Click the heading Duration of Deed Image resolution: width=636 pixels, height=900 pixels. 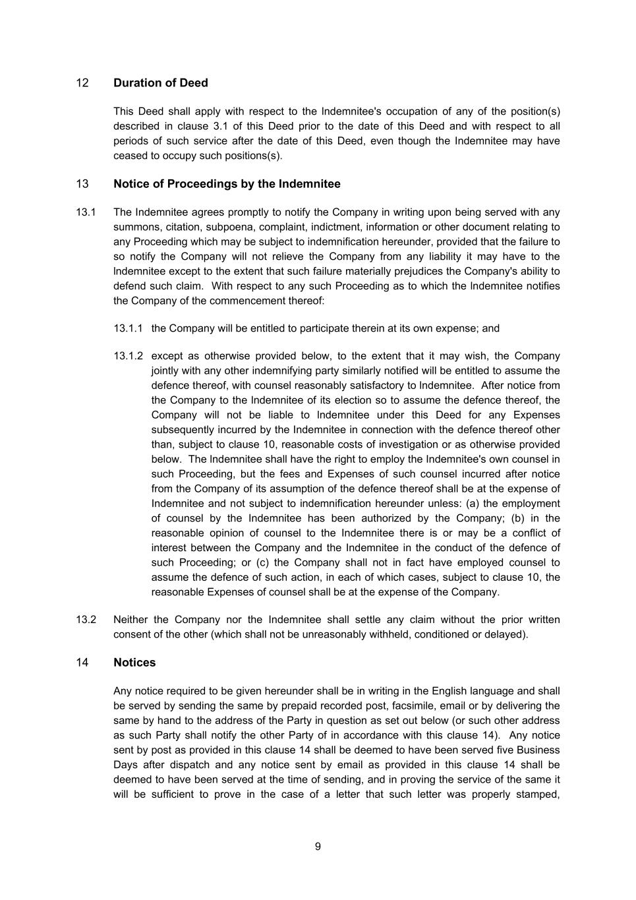pos(160,83)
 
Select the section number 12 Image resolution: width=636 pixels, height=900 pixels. pos(82,83)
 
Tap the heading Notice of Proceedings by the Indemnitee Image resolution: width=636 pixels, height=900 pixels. pos(227,184)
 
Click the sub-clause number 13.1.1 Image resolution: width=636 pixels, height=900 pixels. pos(128,328)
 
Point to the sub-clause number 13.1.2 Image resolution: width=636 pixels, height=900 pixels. pos(128,356)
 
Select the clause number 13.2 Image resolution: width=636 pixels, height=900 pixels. pos(86,620)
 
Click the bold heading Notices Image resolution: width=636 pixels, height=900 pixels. pos(134,663)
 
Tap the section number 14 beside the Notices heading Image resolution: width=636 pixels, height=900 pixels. pos(82,663)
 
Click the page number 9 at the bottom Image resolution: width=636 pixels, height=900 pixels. pos(318,847)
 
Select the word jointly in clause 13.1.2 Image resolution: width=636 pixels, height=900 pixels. pos(167,371)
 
